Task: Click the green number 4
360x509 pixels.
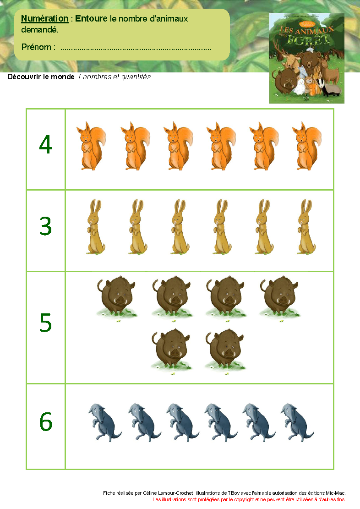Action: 45,144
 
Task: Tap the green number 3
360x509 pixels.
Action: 45,226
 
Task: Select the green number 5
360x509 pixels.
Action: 45,323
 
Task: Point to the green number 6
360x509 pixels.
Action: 46,421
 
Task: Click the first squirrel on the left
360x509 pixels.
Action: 91,146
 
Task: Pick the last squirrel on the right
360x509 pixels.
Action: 307,146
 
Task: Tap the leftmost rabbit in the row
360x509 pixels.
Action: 95,227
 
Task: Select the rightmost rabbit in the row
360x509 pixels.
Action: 306,227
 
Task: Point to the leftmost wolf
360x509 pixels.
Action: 104,422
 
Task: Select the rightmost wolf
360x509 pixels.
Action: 297,422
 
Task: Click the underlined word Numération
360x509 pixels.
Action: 45,18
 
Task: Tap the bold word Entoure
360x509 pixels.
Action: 91,18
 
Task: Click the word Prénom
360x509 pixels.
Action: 36,47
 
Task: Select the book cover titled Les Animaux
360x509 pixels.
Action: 306,58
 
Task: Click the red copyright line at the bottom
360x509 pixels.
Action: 249,499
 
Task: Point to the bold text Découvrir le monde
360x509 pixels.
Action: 41,77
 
